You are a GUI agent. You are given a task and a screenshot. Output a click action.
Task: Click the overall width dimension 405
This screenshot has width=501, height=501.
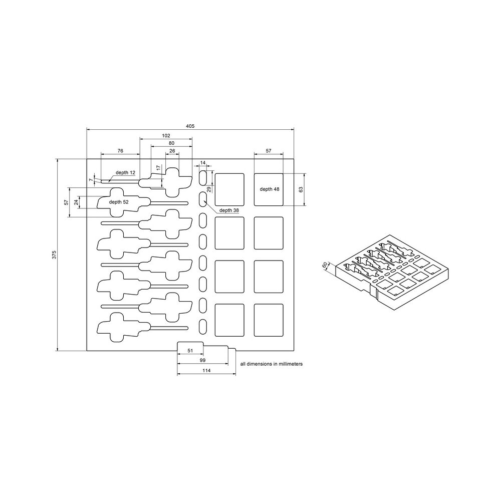pos(190,126)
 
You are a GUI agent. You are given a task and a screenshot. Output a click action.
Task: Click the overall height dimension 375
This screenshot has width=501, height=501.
pos(54,255)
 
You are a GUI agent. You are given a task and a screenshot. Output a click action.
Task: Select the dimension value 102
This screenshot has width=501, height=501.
pos(166,135)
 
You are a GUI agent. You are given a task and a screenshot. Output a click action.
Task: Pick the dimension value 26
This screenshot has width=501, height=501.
pos(172,150)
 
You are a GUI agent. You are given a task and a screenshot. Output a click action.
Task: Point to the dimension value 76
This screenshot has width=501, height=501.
pos(120,150)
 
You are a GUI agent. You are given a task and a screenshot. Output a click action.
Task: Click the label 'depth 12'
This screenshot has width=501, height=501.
pos(125,172)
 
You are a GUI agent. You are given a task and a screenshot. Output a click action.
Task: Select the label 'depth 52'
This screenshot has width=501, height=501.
pos(119,202)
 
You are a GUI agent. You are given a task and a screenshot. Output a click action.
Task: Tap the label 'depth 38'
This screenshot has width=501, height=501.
pos(228,210)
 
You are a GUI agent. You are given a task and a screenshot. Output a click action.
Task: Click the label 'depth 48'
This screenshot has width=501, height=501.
pos(269,189)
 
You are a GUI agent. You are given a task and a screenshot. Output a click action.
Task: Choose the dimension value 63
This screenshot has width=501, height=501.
pos(301,189)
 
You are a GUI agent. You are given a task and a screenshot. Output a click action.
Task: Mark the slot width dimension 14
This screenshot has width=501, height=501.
pos(203,163)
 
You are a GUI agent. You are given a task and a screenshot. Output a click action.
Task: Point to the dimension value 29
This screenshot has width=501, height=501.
pos(209,189)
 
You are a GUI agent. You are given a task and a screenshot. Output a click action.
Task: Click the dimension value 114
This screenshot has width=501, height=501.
pos(206,370)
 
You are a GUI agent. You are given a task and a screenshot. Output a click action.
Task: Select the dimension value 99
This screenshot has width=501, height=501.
pos(203,360)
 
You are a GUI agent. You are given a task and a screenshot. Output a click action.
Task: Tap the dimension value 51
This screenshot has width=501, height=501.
pos(190,351)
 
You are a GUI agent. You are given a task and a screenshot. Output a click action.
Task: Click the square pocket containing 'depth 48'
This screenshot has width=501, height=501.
pos(269,198)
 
